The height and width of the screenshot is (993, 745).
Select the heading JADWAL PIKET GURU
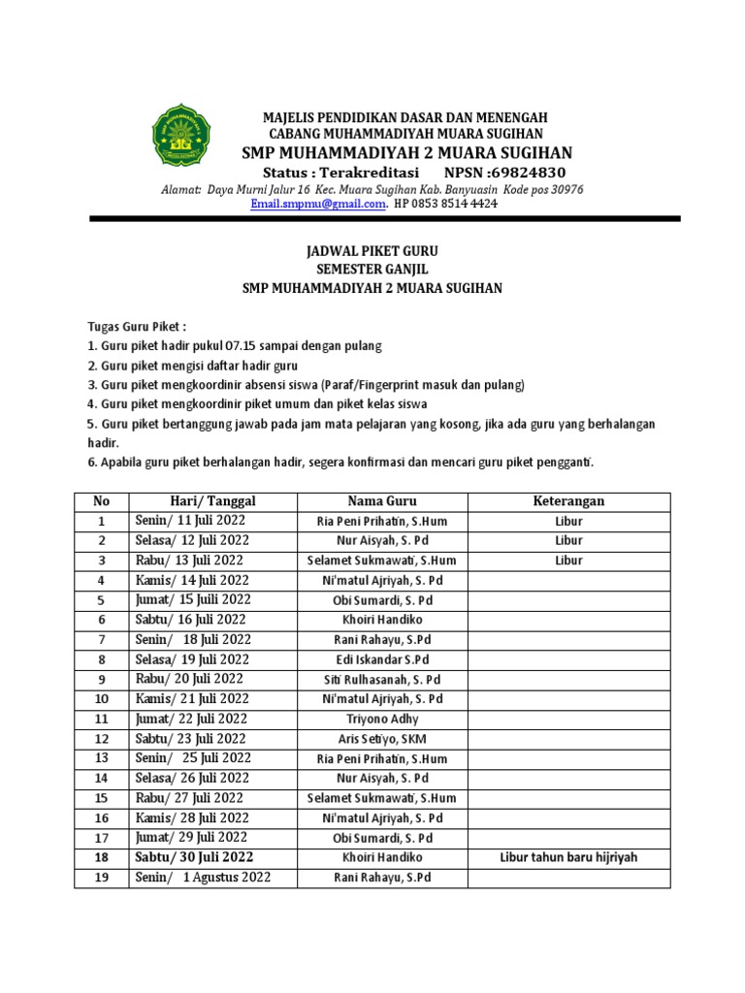372,251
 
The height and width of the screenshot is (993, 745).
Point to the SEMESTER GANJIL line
372,270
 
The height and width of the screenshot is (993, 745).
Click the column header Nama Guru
382,501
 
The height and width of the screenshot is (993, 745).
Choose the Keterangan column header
568,501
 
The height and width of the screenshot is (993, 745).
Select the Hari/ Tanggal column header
212,501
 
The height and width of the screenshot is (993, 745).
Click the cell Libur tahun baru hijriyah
568,857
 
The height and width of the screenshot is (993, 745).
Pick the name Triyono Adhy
382,719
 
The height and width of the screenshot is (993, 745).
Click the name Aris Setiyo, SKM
382,739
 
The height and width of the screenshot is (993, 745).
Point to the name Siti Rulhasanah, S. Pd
382,679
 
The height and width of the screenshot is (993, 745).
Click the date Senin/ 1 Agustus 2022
203,878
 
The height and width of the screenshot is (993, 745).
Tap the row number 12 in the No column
102,739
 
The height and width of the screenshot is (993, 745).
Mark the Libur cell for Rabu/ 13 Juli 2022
568,561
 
